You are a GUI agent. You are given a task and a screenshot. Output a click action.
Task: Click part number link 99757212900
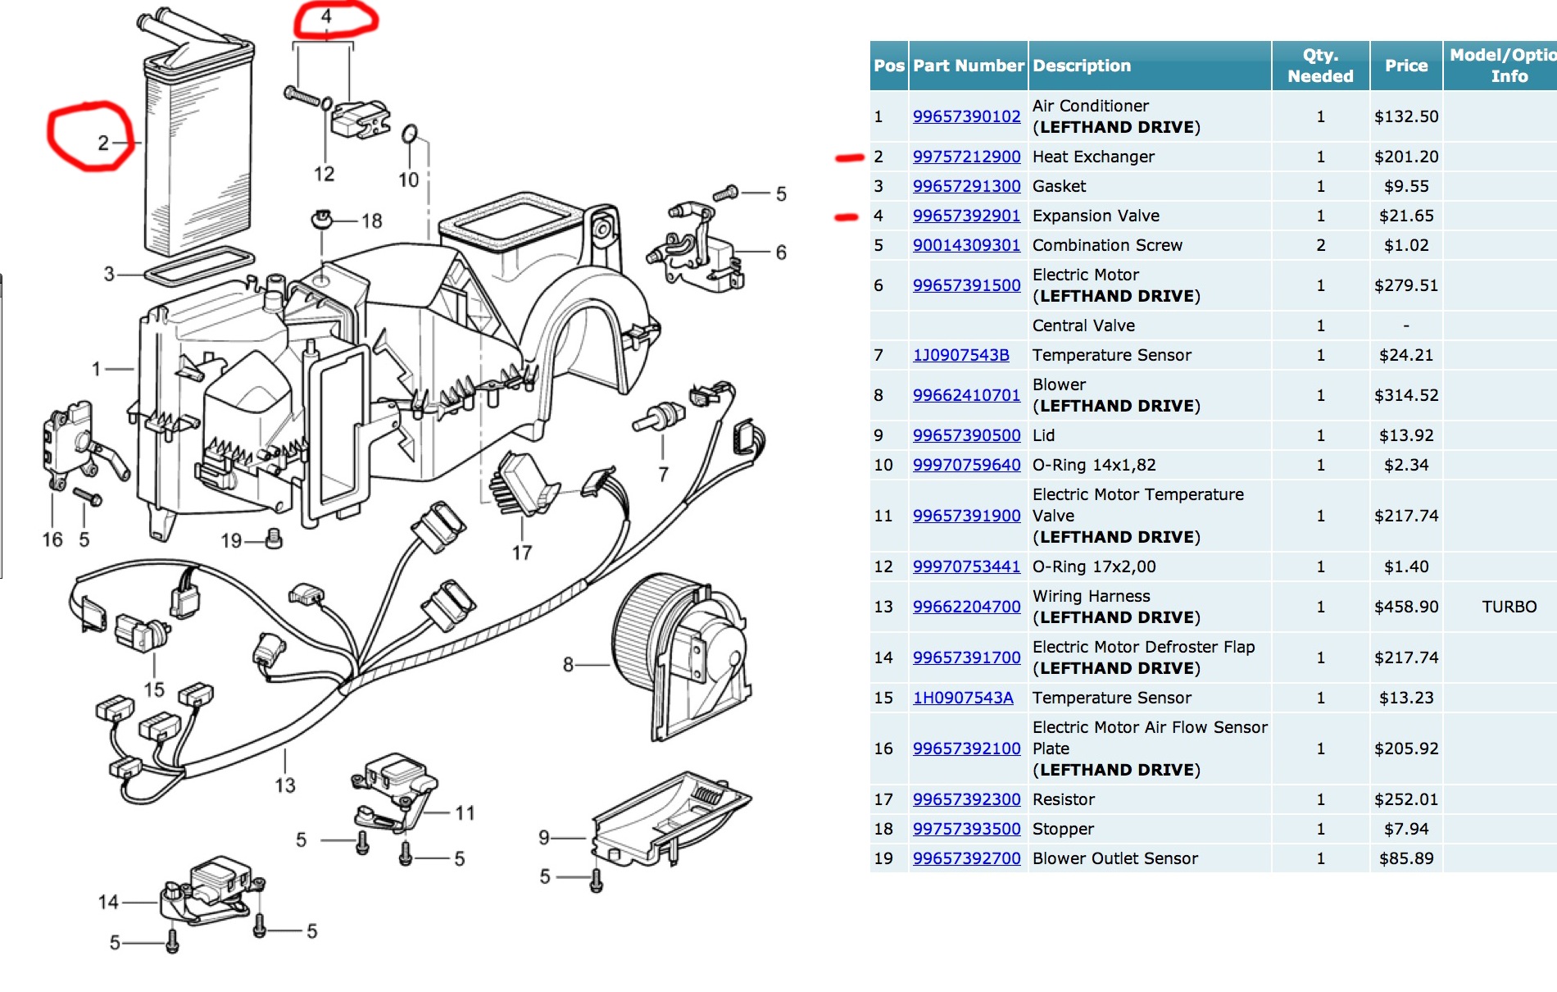click(x=966, y=157)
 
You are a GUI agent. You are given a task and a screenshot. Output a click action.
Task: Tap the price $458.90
click(x=1406, y=607)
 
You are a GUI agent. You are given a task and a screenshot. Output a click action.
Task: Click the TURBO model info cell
click(x=1509, y=607)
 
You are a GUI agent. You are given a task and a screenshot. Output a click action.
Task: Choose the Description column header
click(x=1082, y=66)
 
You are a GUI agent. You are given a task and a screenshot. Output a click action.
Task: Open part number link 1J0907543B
click(x=961, y=355)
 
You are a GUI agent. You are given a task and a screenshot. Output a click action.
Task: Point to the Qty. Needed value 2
click(x=1320, y=245)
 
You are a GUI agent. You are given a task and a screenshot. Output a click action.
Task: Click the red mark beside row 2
click(x=849, y=157)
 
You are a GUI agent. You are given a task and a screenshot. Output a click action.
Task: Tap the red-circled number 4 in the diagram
click(x=326, y=16)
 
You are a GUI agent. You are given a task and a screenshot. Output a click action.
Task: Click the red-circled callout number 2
click(x=103, y=143)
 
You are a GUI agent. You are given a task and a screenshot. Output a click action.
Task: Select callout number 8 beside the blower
click(x=568, y=665)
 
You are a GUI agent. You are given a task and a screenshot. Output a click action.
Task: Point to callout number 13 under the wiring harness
click(x=284, y=785)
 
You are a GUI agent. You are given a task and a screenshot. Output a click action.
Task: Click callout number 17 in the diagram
click(x=522, y=553)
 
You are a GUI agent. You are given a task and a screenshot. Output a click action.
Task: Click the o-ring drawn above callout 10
click(x=410, y=134)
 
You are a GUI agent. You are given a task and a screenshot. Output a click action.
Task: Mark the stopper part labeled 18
click(x=322, y=219)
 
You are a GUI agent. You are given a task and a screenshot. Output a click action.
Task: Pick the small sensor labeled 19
click(x=275, y=538)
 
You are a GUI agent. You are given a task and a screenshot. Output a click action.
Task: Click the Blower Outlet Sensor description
click(x=1114, y=858)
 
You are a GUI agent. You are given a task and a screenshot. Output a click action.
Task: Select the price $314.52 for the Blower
click(x=1406, y=395)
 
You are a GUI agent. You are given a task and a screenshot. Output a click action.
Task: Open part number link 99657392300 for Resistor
click(x=966, y=799)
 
